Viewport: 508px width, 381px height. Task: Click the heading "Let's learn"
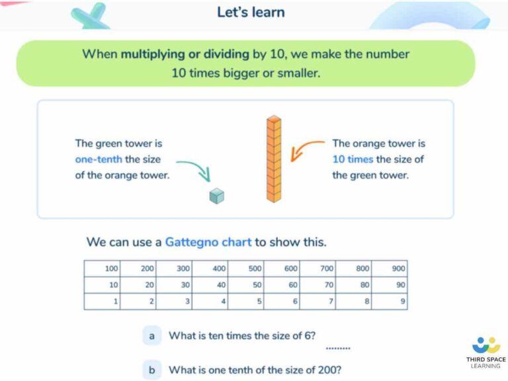click(251, 12)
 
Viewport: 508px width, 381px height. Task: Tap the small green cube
click(216, 196)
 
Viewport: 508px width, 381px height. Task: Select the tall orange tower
click(274, 159)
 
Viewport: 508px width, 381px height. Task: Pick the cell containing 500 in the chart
click(246, 269)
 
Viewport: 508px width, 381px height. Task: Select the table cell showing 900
click(390, 269)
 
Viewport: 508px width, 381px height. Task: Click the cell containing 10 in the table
click(103, 285)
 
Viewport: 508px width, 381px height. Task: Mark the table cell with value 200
click(138, 269)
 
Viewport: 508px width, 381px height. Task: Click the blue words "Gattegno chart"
click(208, 242)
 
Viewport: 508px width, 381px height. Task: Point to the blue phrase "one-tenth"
click(99, 159)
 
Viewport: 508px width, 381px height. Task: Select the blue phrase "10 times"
click(353, 159)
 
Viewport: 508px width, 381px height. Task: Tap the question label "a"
click(152, 336)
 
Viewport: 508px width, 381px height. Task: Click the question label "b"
click(152, 370)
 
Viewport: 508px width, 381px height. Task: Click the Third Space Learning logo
click(486, 353)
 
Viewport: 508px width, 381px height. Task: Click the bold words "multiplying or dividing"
click(185, 54)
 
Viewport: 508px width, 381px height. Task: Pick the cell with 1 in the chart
click(103, 302)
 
